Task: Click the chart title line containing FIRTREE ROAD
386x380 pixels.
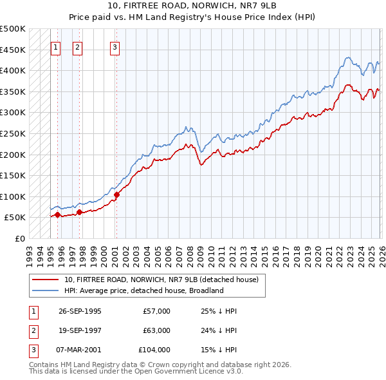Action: pos(193,6)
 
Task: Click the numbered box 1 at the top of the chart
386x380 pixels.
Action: pos(55,46)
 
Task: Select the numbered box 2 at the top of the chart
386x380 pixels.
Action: pos(77,46)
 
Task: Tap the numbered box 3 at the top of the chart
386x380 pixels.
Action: pos(115,46)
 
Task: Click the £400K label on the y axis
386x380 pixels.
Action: pos(13,70)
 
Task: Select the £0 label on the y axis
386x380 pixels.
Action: pos(19,238)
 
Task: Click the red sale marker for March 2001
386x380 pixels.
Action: pos(116,195)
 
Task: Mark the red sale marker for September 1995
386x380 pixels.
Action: pos(58,214)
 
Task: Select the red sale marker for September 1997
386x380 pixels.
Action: pos(79,212)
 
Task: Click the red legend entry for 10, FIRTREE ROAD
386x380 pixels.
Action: pos(161,280)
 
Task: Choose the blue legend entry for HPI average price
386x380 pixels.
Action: pos(143,290)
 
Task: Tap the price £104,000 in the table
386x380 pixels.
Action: pos(155,350)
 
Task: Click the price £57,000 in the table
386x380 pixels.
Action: pos(157,311)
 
